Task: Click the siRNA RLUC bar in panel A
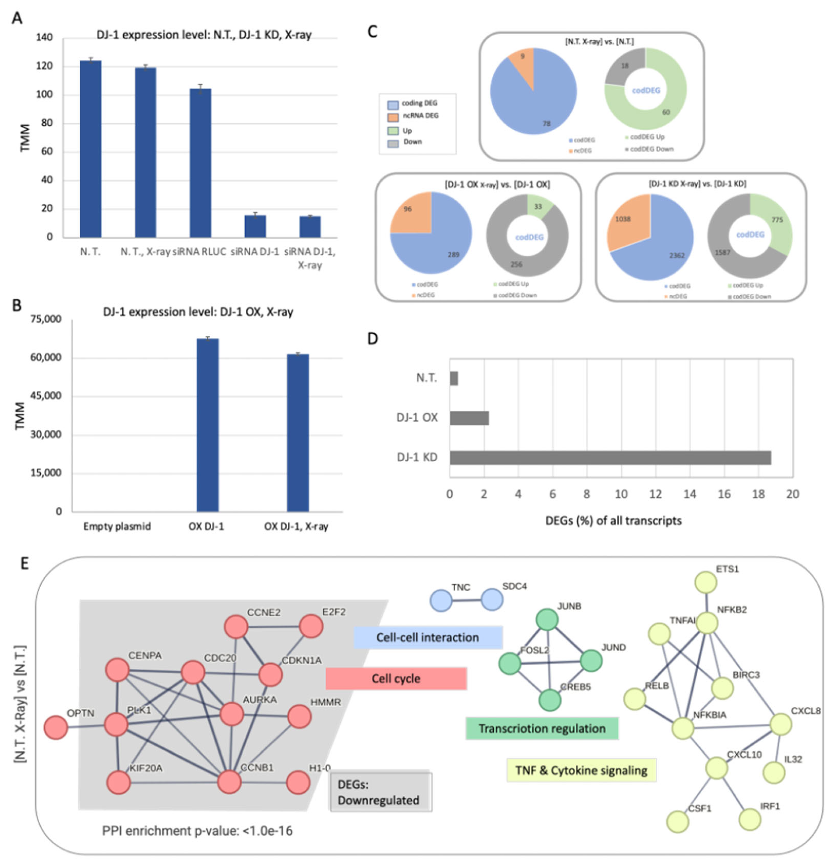click(x=200, y=163)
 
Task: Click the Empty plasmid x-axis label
click(x=117, y=526)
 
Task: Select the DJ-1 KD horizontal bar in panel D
click(x=610, y=458)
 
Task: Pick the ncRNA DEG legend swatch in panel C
click(x=393, y=117)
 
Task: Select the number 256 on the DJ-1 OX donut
click(x=517, y=265)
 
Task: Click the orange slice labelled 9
click(x=522, y=57)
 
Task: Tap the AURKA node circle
click(x=232, y=714)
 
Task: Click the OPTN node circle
click(x=56, y=727)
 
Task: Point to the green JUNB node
click(x=547, y=620)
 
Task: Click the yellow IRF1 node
click(x=749, y=819)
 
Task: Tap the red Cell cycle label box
click(x=396, y=678)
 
